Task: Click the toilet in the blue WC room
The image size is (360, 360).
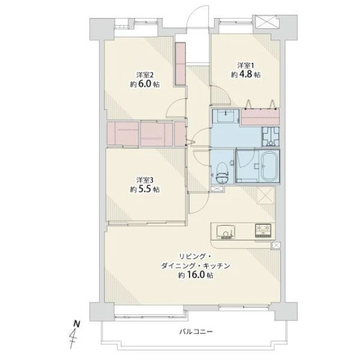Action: [222, 173]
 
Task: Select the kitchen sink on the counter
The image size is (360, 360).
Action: [226, 232]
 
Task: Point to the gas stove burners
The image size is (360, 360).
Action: [263, 230]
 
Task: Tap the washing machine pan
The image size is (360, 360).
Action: [271, 137]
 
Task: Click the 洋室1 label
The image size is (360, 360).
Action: [245, 66]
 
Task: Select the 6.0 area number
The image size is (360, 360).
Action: [145, 84]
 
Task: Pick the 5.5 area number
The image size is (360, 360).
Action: [145, 189]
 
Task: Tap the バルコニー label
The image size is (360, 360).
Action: [196, 332]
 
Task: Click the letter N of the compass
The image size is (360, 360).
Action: [77, 324]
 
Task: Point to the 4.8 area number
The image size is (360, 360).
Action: [245, 74]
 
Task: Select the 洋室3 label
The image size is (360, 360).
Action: [145, 180]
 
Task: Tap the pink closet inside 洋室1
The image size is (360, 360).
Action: [260, 116]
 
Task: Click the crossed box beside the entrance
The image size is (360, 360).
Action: [266, 22]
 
